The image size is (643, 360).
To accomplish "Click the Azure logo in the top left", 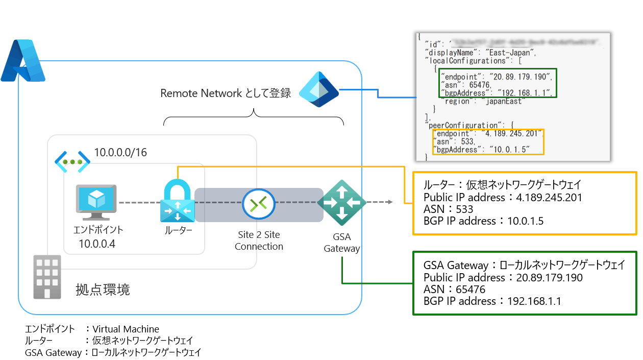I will [23, 60].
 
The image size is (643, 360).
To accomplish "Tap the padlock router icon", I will [178, 202].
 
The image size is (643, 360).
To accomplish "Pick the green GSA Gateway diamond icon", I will [341, 203].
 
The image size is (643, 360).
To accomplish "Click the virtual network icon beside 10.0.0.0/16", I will [72, 161].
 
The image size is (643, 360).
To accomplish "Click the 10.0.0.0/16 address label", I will [120, 152].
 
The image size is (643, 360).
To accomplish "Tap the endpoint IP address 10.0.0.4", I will [97, 244].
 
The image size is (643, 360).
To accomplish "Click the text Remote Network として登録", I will [226, 93].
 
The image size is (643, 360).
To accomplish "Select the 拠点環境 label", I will [103, 290].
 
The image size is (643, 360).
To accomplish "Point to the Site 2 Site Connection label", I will [259, 241].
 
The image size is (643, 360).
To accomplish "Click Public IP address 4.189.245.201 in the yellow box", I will [502, 197].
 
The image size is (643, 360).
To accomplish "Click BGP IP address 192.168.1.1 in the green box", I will [492, 301].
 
